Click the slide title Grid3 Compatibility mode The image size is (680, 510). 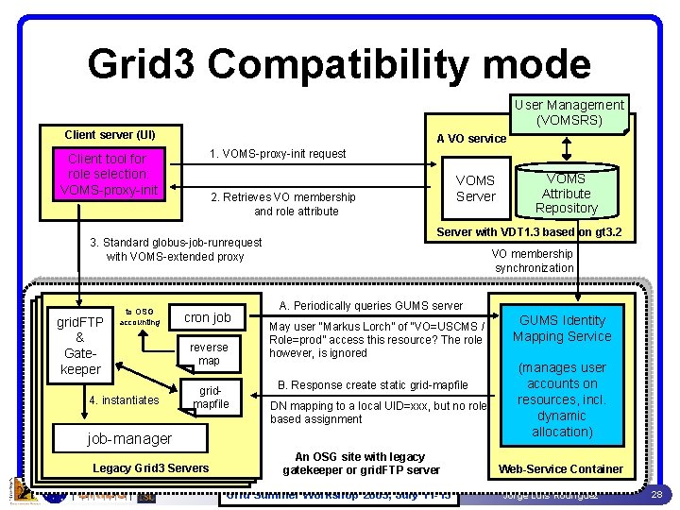tap(339, 64)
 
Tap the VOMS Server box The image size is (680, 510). tap(475, 188)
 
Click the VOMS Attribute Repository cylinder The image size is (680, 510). tap(566, 193)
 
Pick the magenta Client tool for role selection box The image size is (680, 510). tap(107, 174)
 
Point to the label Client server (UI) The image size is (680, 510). tap(110, 134)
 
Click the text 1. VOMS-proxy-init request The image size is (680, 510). tap(278, 153)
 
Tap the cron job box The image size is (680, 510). tap(208, 318)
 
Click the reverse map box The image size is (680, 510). tap(210, 354)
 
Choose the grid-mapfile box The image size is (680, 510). tap(211, 398)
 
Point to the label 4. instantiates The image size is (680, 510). tap(123, 400)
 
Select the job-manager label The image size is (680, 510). tap(129, 438)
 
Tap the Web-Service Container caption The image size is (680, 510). tap(561, 468)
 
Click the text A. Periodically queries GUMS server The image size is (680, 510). tap(371, 305)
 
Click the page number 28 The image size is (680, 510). tap(656, 494)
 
